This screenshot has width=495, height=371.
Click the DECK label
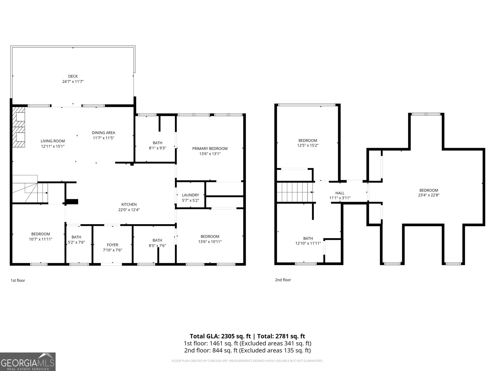73,76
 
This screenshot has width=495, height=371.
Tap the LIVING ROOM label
53,141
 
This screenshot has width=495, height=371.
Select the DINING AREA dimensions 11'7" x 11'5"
103,138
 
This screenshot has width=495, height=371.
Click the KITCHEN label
129,204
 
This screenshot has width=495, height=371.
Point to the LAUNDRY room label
190,195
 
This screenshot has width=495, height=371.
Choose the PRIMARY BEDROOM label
210,148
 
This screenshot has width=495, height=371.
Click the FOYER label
112,245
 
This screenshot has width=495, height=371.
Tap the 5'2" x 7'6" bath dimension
76,242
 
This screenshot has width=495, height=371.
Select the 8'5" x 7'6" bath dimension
157,246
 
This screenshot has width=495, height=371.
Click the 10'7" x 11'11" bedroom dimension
41,239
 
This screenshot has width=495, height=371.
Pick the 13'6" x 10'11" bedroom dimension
210,242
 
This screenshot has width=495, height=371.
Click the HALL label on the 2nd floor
340,193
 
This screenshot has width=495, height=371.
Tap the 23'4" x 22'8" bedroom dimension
428,195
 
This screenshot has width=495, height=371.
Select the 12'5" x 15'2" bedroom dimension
308,145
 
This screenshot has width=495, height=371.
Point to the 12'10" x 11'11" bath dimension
308,243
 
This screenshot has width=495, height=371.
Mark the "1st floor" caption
18,280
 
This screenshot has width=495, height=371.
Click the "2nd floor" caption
283,280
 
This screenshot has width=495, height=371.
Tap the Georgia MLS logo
28,362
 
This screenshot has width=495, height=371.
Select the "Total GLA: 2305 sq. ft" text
220,336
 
